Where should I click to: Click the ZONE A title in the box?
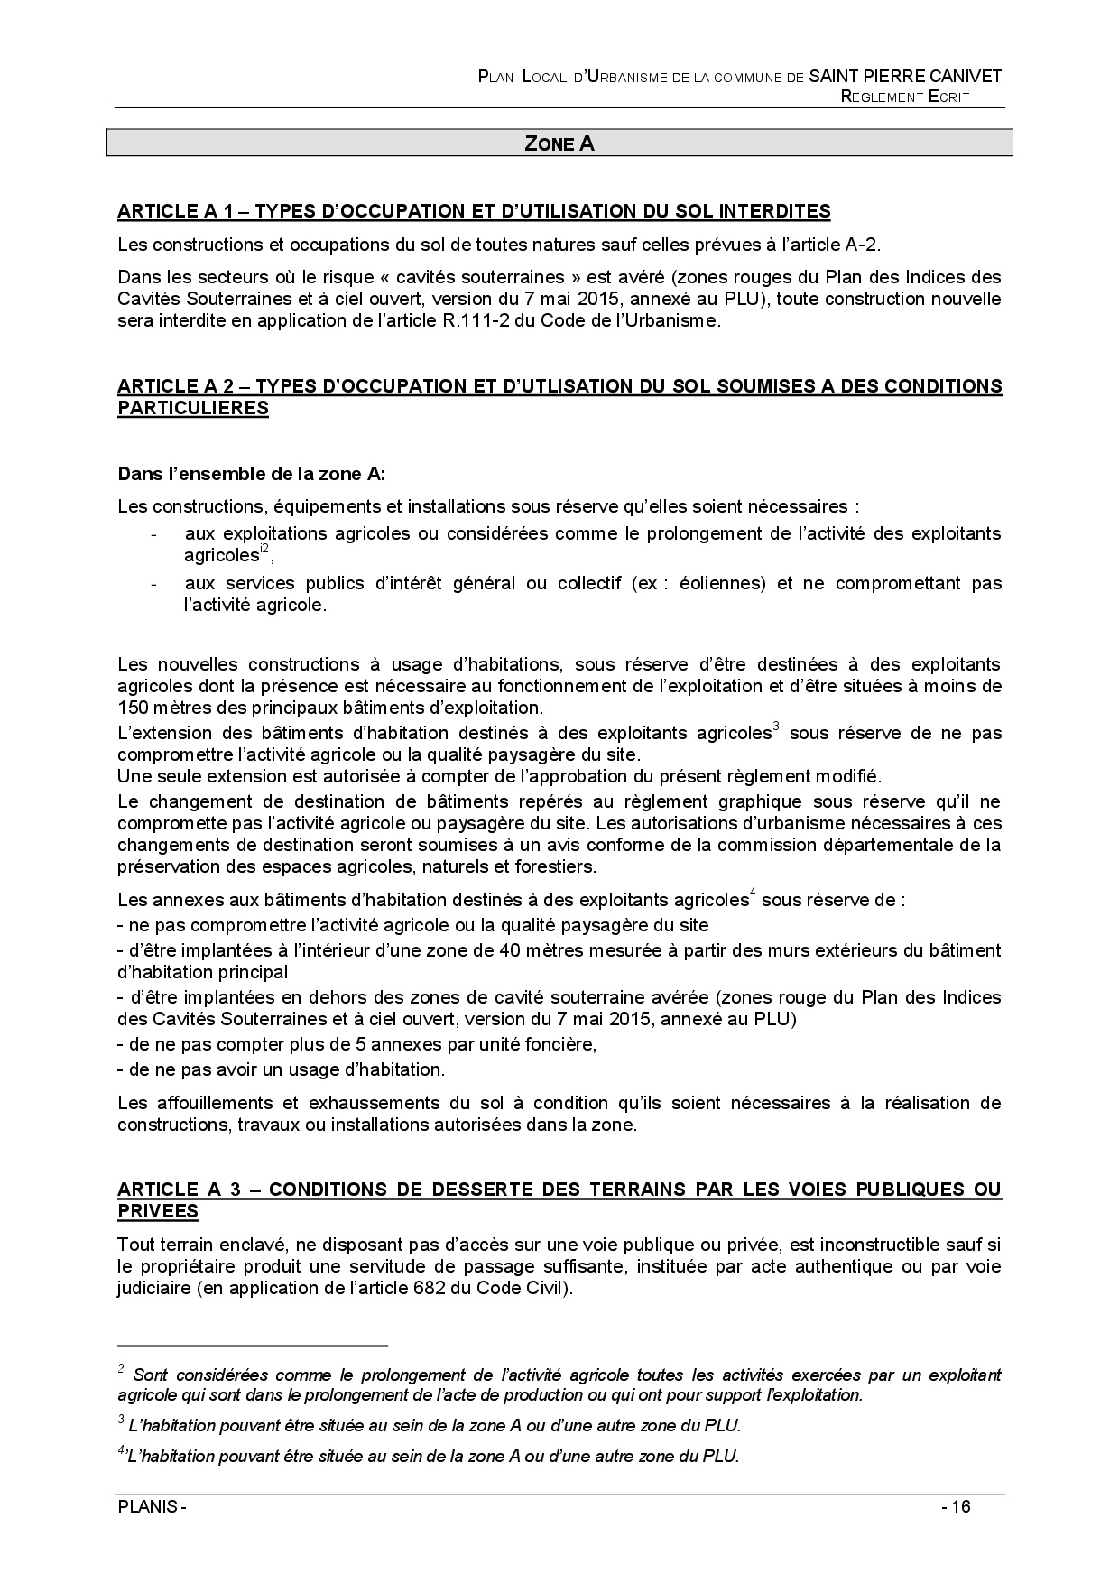coord(559,143)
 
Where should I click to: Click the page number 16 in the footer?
coord(959,1507)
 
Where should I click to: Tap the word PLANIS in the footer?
coord(147,1507)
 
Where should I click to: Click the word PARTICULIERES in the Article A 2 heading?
coord(193,408)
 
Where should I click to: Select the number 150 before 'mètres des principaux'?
coord(132,708)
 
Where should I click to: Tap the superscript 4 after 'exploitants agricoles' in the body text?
coord(754,894)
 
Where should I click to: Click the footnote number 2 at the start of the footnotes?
coord(121,1369)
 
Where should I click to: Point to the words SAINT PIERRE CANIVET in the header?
coord(905,77)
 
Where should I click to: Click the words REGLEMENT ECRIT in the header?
coord(905,97)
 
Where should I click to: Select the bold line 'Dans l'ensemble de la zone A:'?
coord(252,474)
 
